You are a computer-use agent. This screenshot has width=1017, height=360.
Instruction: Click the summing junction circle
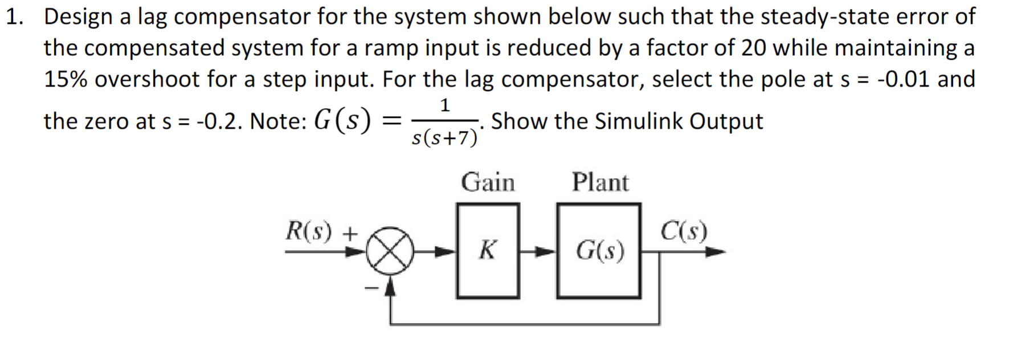tap(390, 252)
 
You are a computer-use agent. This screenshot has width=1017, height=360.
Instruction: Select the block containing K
tap(488, 251)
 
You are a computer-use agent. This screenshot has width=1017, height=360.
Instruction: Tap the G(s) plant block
tap(599, 251)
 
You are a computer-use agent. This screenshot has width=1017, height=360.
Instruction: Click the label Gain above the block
tap(488, 183)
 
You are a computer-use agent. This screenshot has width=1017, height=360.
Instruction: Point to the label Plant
tap(600, 183)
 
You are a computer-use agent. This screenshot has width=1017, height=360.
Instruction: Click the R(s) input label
tap(309, 231)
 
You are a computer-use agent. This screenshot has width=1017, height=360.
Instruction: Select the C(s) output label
tap(684, 231)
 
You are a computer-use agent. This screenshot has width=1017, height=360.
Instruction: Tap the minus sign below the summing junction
tap(371, 289)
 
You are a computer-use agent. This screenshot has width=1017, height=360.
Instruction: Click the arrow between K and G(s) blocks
tap(538, 251)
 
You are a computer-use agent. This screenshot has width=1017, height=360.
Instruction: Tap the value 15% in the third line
tap(66, 79)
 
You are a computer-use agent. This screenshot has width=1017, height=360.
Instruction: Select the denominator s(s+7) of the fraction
tap(444, 138)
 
